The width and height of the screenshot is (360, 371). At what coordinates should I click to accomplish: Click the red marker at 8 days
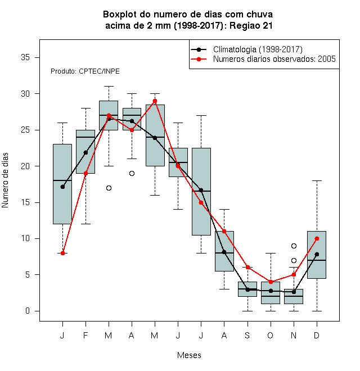(x=62, y=253)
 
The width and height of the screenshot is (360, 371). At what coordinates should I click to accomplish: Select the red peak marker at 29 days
(x=155, y=101)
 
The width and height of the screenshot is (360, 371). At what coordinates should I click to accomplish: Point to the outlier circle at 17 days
(x=109, y=188)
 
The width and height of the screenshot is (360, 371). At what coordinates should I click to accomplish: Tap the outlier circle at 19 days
(x=132, y=174)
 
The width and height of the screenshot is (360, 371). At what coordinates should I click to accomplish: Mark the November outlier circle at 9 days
(x=294, y=246)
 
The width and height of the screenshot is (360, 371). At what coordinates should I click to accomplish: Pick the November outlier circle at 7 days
(x=294, y=260)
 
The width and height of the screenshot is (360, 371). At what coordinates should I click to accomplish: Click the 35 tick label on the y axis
(x=25, y=57)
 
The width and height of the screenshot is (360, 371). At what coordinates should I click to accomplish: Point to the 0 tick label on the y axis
(x=28, y=311)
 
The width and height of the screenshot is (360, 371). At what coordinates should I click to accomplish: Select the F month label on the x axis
(x=85, y=335)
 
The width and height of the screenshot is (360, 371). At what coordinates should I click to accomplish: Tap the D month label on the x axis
(x=317, y=335)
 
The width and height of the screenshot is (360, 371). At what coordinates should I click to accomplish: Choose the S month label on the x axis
(x=247, y=335)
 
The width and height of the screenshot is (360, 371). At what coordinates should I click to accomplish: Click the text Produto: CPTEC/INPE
(x=85, y=71)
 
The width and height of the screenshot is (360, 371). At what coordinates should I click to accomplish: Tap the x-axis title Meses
(x=189, y=355)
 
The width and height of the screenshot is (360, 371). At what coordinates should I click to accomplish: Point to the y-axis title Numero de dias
(x=5, y=180)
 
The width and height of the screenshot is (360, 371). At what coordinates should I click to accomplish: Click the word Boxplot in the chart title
(x=120, y=15)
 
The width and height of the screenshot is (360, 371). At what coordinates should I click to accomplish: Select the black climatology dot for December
(x=317, y=254)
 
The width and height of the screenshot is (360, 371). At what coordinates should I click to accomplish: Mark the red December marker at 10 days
(x=317, y=239)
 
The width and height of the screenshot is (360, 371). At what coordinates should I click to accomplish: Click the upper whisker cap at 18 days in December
(x=317, y=181)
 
